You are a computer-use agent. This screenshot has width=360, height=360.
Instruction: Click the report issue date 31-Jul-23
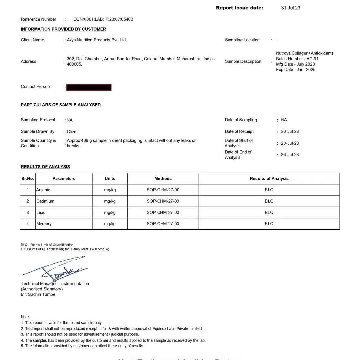290,8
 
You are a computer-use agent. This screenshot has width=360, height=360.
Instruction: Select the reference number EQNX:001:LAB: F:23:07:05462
103,19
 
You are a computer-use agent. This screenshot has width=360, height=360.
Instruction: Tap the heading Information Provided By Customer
63,29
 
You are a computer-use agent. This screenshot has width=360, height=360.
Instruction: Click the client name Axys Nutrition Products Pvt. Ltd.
97,40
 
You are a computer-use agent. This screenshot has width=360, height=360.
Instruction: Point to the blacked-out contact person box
89,87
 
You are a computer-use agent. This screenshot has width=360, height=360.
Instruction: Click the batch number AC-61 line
297,59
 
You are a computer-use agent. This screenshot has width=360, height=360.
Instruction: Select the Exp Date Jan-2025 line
295,70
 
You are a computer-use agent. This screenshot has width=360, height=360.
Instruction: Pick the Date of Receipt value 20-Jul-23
290,132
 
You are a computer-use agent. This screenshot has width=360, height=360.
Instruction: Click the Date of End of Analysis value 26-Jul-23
290,155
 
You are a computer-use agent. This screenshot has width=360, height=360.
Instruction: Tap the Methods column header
163,179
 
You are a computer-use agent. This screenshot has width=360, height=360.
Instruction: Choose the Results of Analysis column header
269,179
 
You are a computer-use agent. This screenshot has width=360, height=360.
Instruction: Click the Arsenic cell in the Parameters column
43,190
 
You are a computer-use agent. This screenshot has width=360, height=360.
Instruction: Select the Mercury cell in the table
44,224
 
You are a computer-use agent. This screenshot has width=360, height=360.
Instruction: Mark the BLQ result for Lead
269,213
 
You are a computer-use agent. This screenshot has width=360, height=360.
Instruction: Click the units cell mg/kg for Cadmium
110,201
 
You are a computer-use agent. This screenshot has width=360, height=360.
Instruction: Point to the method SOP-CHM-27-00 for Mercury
163,224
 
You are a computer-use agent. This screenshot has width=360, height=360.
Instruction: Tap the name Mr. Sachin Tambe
38,295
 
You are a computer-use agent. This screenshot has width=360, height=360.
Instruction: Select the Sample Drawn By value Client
72,132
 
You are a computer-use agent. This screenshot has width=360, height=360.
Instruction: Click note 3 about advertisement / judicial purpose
80,334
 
